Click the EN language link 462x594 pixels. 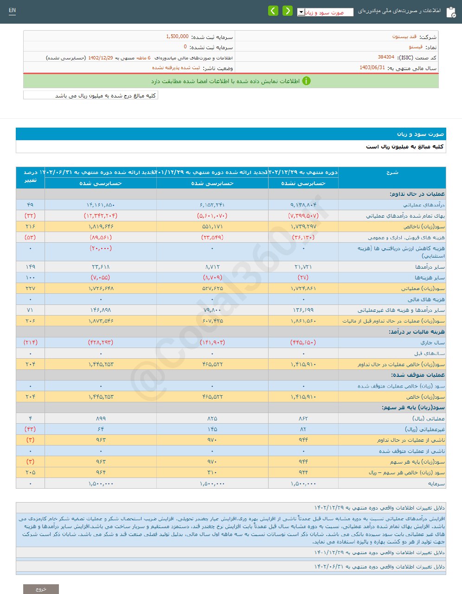[12, 11]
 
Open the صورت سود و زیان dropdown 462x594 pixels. [325, 12]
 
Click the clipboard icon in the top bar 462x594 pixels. [450, 12]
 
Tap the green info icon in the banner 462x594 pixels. [306, 81]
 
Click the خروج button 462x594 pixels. [41, 589]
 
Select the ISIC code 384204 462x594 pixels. [386, 57]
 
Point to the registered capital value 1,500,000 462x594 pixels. [177, 37]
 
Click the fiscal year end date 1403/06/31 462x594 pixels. [372, 68]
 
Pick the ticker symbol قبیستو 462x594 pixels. [415, 47]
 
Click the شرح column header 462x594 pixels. [392, 173]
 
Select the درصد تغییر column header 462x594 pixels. [30, 176]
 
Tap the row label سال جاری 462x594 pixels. [432, 342]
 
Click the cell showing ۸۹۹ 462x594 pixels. [101, 419]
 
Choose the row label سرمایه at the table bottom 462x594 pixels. [436, 484]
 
